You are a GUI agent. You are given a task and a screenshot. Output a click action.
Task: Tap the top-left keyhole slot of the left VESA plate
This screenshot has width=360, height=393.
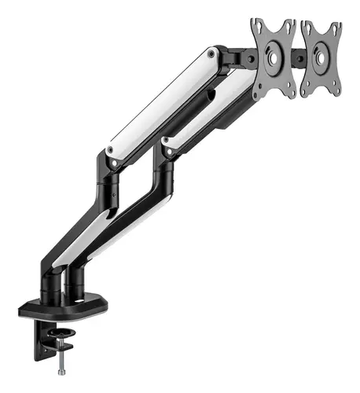pyautogui.click(x=256, y=26)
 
